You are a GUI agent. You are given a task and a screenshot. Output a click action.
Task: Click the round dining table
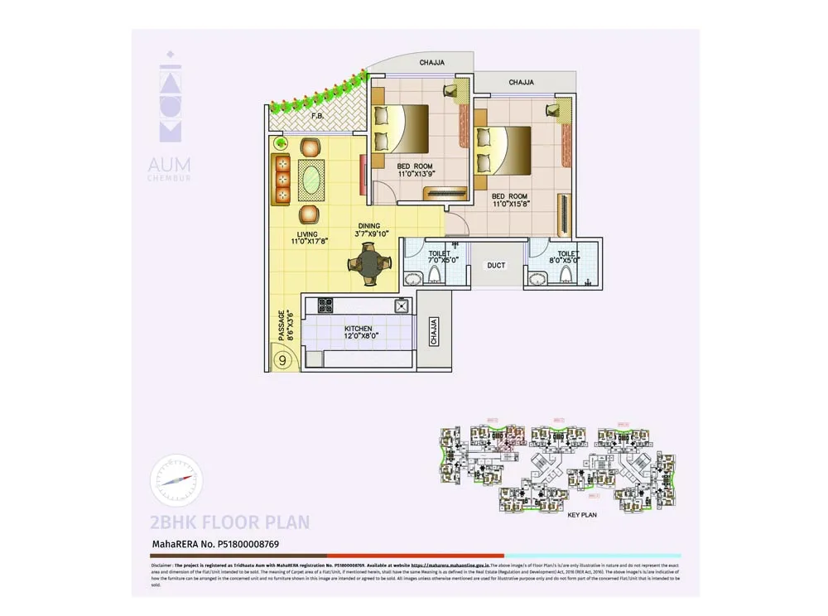[368, 266]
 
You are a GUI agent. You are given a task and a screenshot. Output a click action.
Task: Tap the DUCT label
[497, 266]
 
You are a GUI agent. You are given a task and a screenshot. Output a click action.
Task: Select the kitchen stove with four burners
[325, 304]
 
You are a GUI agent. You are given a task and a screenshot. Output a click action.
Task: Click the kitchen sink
[402, 306]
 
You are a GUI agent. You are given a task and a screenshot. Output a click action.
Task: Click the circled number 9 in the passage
[283, 360]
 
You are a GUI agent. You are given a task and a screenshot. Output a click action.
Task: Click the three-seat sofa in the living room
[282, 179]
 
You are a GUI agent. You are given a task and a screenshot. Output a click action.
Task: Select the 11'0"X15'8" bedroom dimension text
[511, 200]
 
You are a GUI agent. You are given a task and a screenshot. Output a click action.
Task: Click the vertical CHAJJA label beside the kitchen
[434, 332]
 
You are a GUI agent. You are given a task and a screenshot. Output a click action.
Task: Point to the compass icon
[176, 480]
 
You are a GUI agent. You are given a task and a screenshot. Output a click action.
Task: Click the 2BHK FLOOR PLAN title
[229, 522]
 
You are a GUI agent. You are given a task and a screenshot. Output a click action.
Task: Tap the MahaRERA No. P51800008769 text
[214, 545]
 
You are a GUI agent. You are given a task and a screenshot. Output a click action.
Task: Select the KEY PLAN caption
[583, 515]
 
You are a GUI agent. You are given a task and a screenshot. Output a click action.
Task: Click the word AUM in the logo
[169, 165]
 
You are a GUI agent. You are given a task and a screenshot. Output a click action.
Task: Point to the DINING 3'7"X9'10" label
[369, 229]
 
